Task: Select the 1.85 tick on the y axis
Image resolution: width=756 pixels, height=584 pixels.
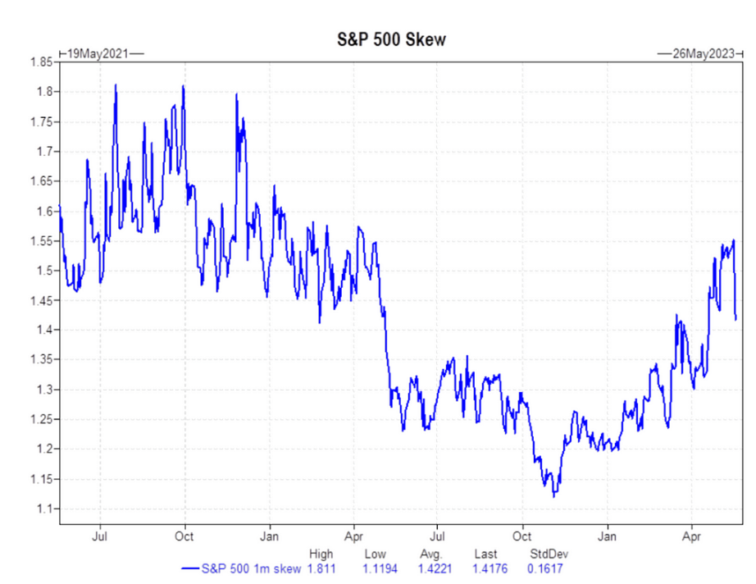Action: [41, 62]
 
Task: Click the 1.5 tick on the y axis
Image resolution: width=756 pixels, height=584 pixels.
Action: [44, 271]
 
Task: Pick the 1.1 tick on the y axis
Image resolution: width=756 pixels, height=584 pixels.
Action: [44, 509]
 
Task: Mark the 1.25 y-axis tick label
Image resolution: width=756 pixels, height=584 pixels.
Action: [41, 420]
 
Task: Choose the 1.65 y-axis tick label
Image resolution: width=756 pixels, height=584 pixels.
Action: [41, 181]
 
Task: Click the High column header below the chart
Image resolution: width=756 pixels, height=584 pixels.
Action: [321, 554]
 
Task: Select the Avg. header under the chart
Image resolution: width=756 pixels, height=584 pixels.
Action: [432, 554]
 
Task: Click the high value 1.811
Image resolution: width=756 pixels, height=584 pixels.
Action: [321, 568]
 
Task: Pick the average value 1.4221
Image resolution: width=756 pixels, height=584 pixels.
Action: [435, 568]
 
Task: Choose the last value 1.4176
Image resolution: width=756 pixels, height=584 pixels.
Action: [490, 568]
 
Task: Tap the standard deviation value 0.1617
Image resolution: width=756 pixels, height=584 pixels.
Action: [546, 568]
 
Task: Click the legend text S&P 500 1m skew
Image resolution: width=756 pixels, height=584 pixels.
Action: [252, 568]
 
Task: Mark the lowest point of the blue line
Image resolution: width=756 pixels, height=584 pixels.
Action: [554, 497]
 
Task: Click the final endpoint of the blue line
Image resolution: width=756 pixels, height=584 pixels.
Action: [736, 319]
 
